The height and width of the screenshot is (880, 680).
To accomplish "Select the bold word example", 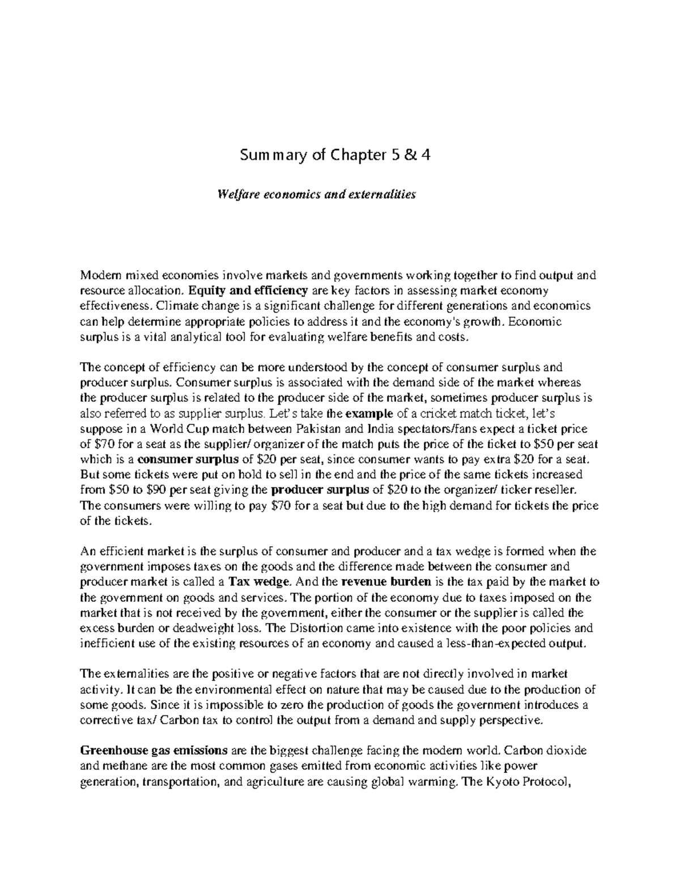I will (368, 413).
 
